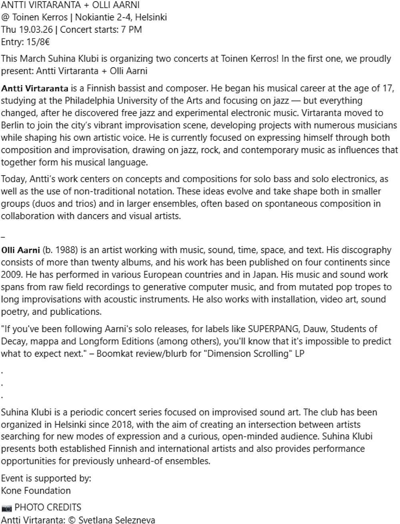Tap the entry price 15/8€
[38, 42]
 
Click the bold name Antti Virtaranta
[34, 88]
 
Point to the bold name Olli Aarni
[20, 250]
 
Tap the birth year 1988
[65, 250]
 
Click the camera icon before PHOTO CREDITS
[6, 508]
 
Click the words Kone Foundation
[36, 490]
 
